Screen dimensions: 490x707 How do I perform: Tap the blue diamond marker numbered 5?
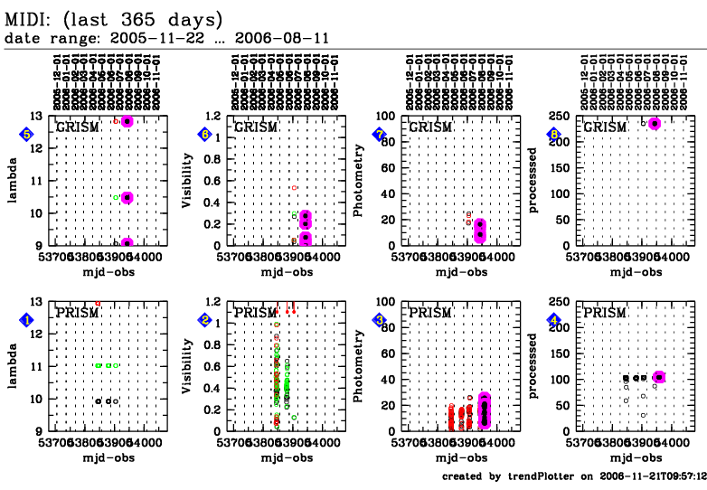pyautogui.click(x=27, y=135)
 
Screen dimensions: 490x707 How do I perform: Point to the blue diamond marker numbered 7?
pyautogui.click(x=380, y=135)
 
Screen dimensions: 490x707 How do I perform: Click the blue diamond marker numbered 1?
pyautogui.click(x=27, y=319)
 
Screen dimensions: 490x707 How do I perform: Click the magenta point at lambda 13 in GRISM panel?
pyautogui.click(x=127, y=121)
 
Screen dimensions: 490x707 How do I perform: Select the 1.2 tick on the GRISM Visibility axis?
pyautogui.click(x=217, y=116)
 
